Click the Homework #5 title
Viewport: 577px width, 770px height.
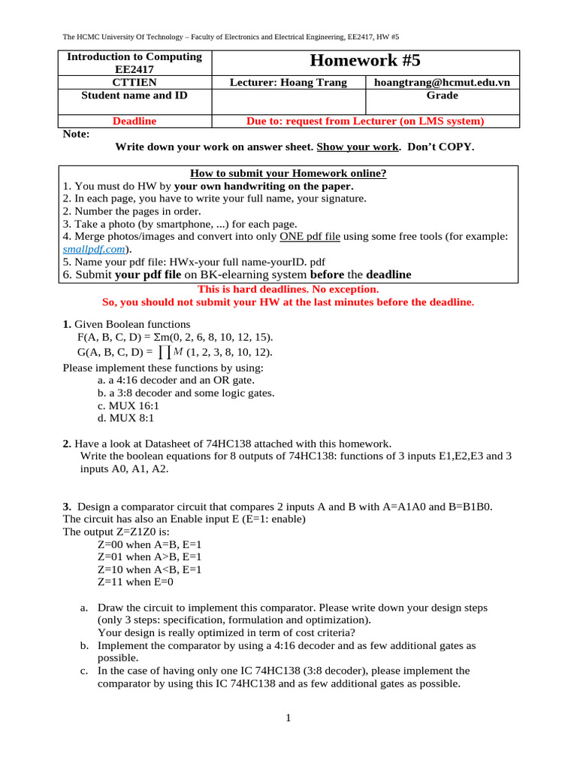click(x=365, y=62)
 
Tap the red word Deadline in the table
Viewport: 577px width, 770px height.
click(x=134, y=120)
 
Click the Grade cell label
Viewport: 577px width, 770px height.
click(x=442, y=95)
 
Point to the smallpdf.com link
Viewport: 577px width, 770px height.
click(x=94, y=249)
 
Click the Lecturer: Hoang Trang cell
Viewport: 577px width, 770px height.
click(x=288, y=83)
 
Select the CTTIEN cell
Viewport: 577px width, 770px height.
click(x=134, y=83)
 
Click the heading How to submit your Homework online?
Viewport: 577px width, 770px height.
click(x=288, y=173)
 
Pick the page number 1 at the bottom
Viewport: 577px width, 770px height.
click(x=288, y=718)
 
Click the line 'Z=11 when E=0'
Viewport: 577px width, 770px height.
click(x=135, y=582)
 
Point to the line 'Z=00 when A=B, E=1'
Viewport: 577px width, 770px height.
click(x=150, y=544)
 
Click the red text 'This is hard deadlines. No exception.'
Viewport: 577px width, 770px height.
click(x=288, y=289)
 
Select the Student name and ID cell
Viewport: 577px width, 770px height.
click(x=134, y=95)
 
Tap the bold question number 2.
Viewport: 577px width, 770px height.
click(x=67, y=444)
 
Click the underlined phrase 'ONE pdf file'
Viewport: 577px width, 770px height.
click(x=310, y=236)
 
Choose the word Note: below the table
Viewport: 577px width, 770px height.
click(x=76, y=134)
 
